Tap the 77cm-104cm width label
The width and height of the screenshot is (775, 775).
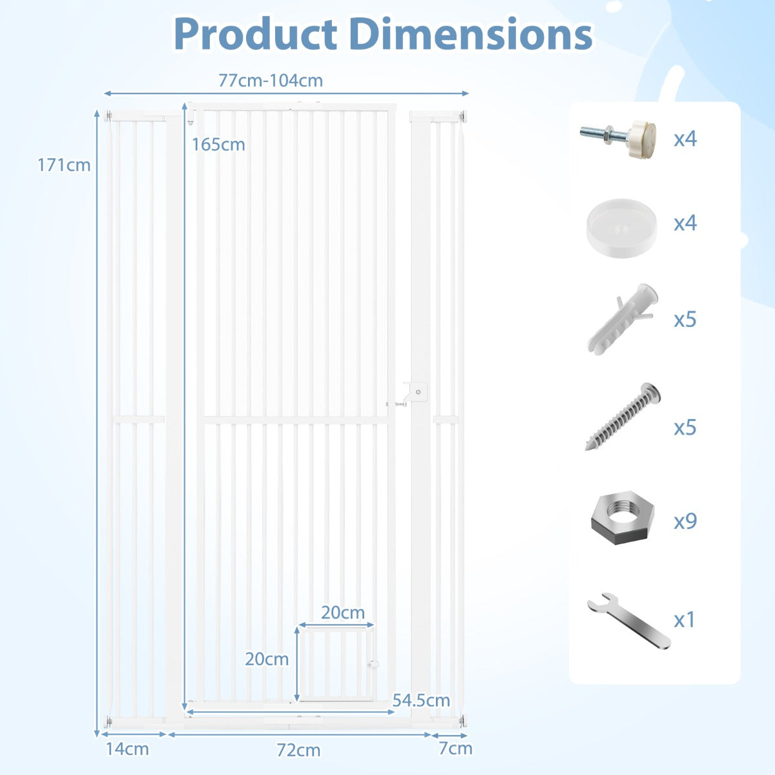(271, 81)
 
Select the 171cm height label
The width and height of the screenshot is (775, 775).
(63, 165)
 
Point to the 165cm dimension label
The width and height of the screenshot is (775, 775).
(218, 145)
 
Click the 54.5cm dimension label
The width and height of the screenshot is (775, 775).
(421, 700)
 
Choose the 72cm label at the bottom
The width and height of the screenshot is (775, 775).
(298, 750)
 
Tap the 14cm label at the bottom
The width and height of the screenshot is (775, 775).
(127, 749)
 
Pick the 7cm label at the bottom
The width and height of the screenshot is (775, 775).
(455, 749)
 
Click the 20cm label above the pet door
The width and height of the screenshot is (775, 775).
(343, 612)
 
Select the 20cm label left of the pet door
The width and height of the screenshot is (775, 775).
(267, 659)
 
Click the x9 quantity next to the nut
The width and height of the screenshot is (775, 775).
(685, 521)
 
